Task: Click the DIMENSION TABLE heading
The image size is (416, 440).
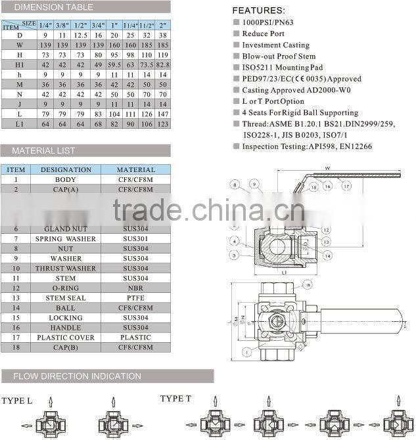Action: coord(55,7)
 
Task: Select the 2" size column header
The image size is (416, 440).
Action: coord(162,24)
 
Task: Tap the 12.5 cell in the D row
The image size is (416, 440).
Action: coord(81,34)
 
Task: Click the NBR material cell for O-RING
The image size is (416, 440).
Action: coord(135,288)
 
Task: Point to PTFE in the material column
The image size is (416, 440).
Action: coord(135,297)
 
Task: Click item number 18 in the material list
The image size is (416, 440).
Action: coord(16,347)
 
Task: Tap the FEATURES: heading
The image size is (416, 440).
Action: coord(259,11)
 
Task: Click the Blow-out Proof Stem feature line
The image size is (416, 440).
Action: coord(278,56)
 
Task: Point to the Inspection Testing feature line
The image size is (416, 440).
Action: coord(307,146)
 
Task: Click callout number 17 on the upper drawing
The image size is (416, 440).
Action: coord(346,187)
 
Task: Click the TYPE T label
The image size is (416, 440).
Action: coord(175,399)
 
